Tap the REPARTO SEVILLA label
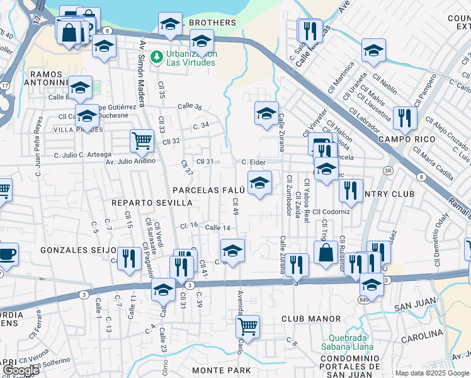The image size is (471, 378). pyautogui.click(x=152, y=203)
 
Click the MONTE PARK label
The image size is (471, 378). pyautogui.click(x=221, y=370)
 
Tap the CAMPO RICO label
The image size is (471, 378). pyautogui.click(x=403, y=138)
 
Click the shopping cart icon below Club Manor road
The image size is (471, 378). pyautogui.click(x=248, y=326)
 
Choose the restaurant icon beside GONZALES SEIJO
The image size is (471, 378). pyautogui.click(x=129, y=258)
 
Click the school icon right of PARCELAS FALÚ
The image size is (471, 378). pyautogui.click(x=259, y=183)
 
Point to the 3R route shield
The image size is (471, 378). pyautogui.click(x=389, y=171)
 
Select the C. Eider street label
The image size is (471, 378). pyautogui.click(x=253, y=163)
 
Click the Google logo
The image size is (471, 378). pyautogui.click(x=20, y=370)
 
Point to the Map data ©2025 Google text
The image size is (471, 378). pyautogui.click(x=432, y=373)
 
